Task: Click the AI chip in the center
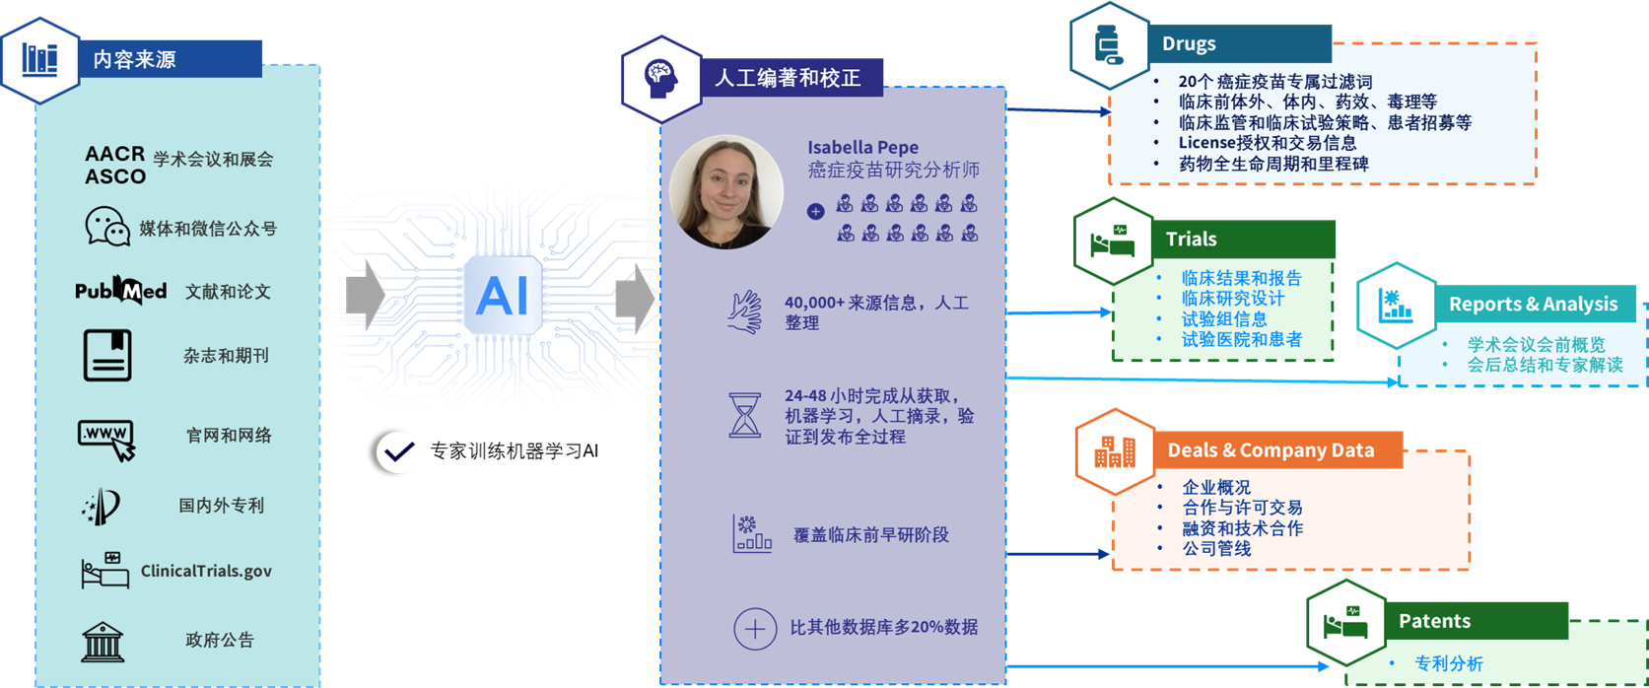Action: point(503,296)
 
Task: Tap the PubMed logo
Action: point(120,292)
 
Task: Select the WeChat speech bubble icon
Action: point(107,226)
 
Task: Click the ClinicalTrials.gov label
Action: point(206,571)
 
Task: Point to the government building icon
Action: point(103,642)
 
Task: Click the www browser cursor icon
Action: point(106,440)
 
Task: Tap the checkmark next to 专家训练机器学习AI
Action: point(398,451)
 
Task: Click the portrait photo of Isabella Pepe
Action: point(725,191)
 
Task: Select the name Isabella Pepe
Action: point(862,147)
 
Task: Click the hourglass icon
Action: point(744,416)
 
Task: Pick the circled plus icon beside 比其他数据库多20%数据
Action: point(755,629)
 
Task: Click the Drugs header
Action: point(1189,44)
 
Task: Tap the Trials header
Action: point(1191,240)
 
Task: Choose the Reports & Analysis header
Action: point(1534,304)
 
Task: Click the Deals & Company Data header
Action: point(1271,450)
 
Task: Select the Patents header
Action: point(1435,621)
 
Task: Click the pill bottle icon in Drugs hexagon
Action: point(1108,45)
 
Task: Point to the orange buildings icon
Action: point(1115,451)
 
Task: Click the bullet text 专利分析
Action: point(1449,663)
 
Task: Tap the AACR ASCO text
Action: point(115,165)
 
